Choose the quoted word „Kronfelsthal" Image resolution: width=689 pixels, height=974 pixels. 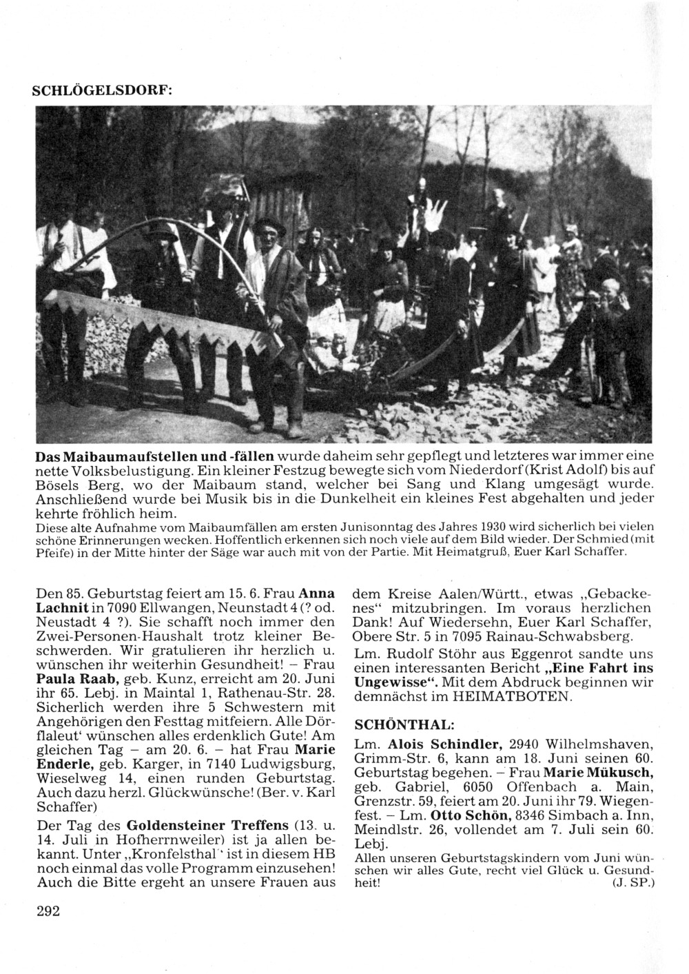click(x=151, y=855)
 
